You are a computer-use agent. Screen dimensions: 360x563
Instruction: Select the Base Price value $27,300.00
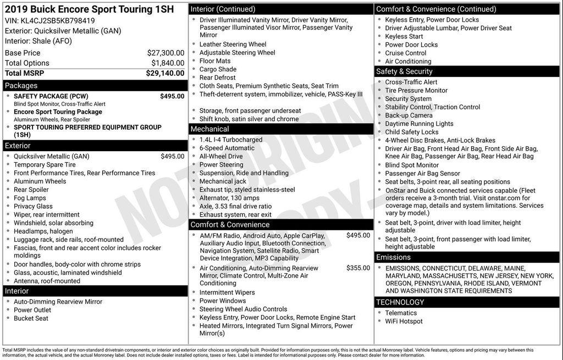click(165, 53)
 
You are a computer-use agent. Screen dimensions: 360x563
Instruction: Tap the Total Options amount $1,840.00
click(168, 63)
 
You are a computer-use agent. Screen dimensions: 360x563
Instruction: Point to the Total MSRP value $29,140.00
click(165, 73)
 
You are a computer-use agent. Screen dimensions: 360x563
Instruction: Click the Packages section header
click(21, 85)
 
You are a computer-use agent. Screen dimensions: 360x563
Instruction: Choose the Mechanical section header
click(209, 129)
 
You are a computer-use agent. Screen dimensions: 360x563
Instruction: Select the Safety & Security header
click(404, 71)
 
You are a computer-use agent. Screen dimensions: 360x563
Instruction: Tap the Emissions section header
click(393, 257)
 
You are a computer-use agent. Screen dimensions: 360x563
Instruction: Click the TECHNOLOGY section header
click(400, 302)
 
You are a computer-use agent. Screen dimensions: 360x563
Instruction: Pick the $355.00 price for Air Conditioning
click(358, 268)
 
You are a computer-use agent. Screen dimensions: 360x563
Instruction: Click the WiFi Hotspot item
click(404, 321)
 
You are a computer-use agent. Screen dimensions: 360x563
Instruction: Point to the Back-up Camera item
click(409, 115)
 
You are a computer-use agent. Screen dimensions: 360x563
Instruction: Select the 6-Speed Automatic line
click(227, 148)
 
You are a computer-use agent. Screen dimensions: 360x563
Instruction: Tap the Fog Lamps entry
click(30, 198)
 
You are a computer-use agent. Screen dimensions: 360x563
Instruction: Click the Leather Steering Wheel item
click(233, 45)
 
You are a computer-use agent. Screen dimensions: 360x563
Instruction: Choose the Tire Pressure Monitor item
click(416, 90)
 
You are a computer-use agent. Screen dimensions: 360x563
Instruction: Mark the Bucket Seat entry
click(31, 318)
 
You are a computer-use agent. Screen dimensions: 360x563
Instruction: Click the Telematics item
click(401, 313)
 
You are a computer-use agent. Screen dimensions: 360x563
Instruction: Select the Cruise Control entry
click(406, 53)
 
